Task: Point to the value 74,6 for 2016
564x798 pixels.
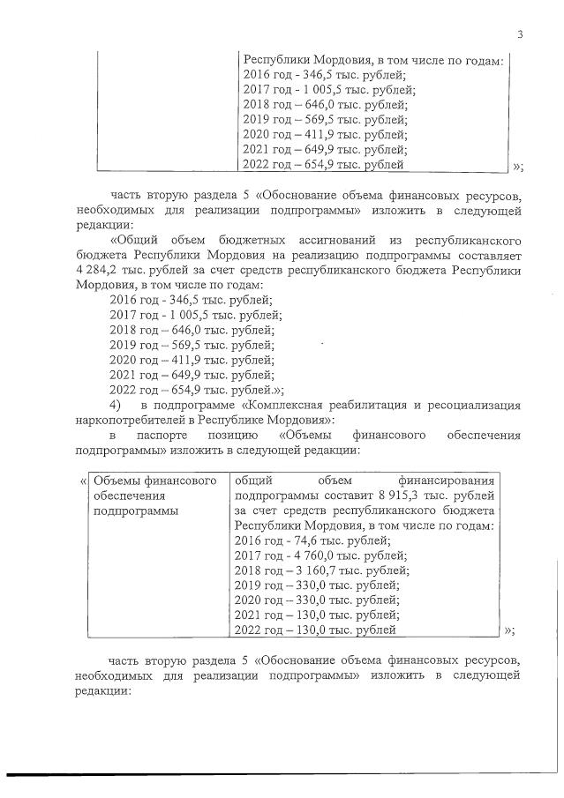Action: (305, 540)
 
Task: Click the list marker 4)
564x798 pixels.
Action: (115, 405)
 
